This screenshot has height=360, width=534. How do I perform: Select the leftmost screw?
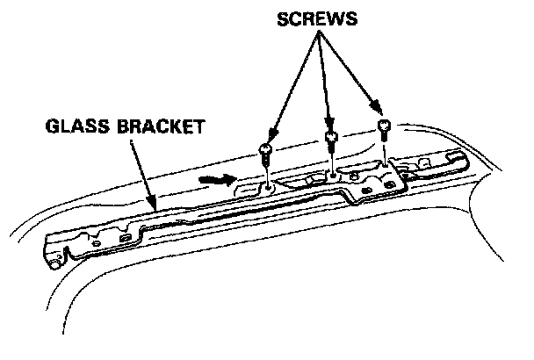click(x=264, y=155)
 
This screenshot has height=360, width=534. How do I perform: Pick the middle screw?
click(x=331, y=141)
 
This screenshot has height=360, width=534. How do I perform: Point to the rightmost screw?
click(x=383, y=127)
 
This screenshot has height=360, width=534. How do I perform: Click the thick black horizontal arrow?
click(x=219, y=180)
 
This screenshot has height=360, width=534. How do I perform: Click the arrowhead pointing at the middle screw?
click(x=330, y=128)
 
